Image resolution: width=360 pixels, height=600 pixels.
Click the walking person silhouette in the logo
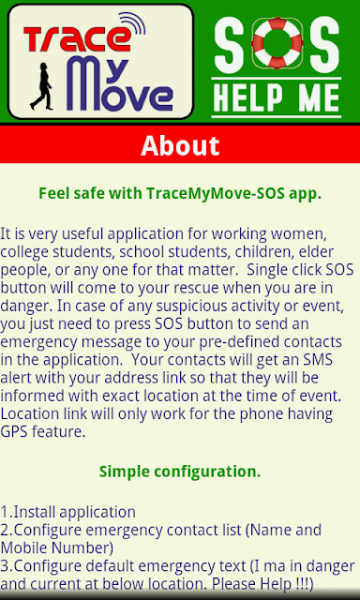pyautogui.click(x=41, y=86)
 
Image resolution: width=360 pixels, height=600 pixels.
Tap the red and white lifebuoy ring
pyautogui.click(x=277, y=42)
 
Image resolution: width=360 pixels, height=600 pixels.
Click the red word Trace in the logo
pyautogui.click(x=76, y=38)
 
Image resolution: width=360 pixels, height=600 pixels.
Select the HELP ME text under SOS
pyautogui.click(x=277, y=97)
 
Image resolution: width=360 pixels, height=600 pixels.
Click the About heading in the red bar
pyautogui.click(x=180, y=145)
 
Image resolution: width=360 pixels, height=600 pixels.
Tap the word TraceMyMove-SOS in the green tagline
pyautogui.click(x=216, y=194)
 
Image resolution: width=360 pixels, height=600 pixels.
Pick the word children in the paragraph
pyautogui.click(x=264, y=252)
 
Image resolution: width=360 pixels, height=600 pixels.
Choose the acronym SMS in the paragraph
pyautogui.click(x=319, y=360)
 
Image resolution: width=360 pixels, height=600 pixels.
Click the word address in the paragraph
pyautogui.click(x=129, y=378)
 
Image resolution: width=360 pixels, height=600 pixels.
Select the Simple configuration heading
pyautogui.click(x=180, y=472)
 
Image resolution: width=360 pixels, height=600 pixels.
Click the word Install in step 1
pyautogui.click(x=36, y=512)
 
